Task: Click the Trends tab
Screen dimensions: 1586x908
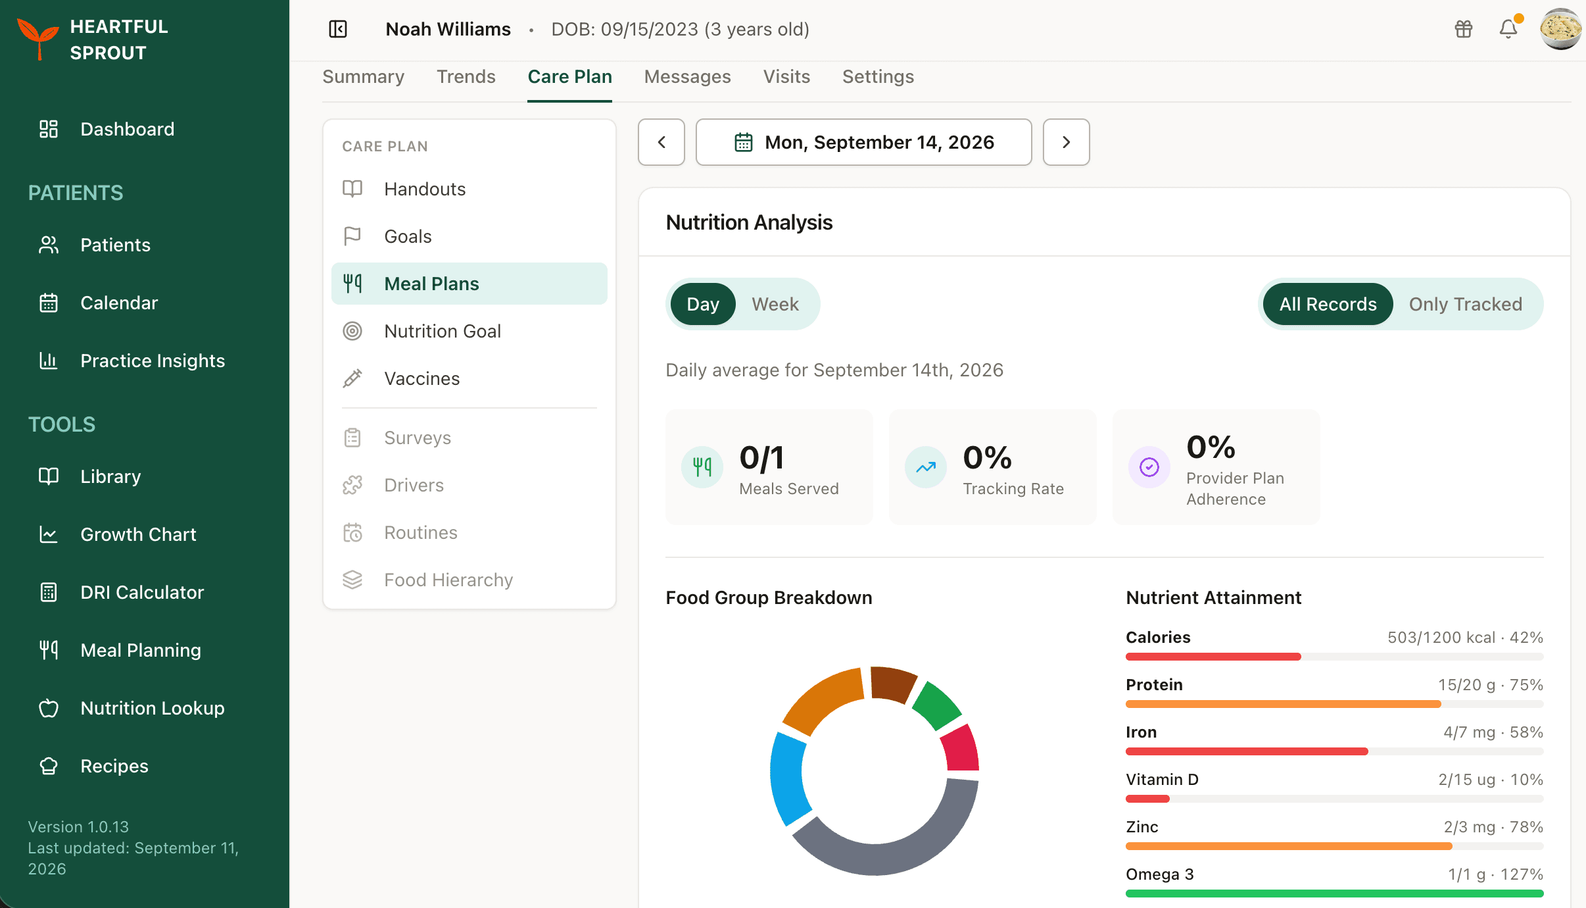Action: (x=466, y=77)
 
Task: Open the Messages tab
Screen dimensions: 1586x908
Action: (x=687, y=77)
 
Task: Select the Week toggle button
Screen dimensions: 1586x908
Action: (x=775, y=304)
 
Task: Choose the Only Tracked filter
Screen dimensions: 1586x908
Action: (x=1465, y=304)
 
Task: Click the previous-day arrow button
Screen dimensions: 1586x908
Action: (x=661, y=142)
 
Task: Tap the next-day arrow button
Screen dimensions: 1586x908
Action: (x=1066, y=142)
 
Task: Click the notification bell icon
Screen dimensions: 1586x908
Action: (x=1508, y=29)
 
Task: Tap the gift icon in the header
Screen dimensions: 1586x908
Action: (x=1464, y=29)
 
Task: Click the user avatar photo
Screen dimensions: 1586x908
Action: (x=1560, y=29)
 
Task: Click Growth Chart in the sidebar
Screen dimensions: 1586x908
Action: (x=138, y=534)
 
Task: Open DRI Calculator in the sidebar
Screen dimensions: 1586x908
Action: (x=142, y=592)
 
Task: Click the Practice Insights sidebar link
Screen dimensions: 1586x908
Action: (x=153, y=361)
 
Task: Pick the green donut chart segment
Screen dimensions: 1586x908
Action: (x=938, y=705)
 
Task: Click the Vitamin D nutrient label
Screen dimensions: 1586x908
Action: (x=1162, y=780)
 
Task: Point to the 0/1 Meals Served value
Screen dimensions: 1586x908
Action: (x=761, y=458)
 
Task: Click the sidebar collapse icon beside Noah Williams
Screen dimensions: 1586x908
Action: (x=338, y=29)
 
